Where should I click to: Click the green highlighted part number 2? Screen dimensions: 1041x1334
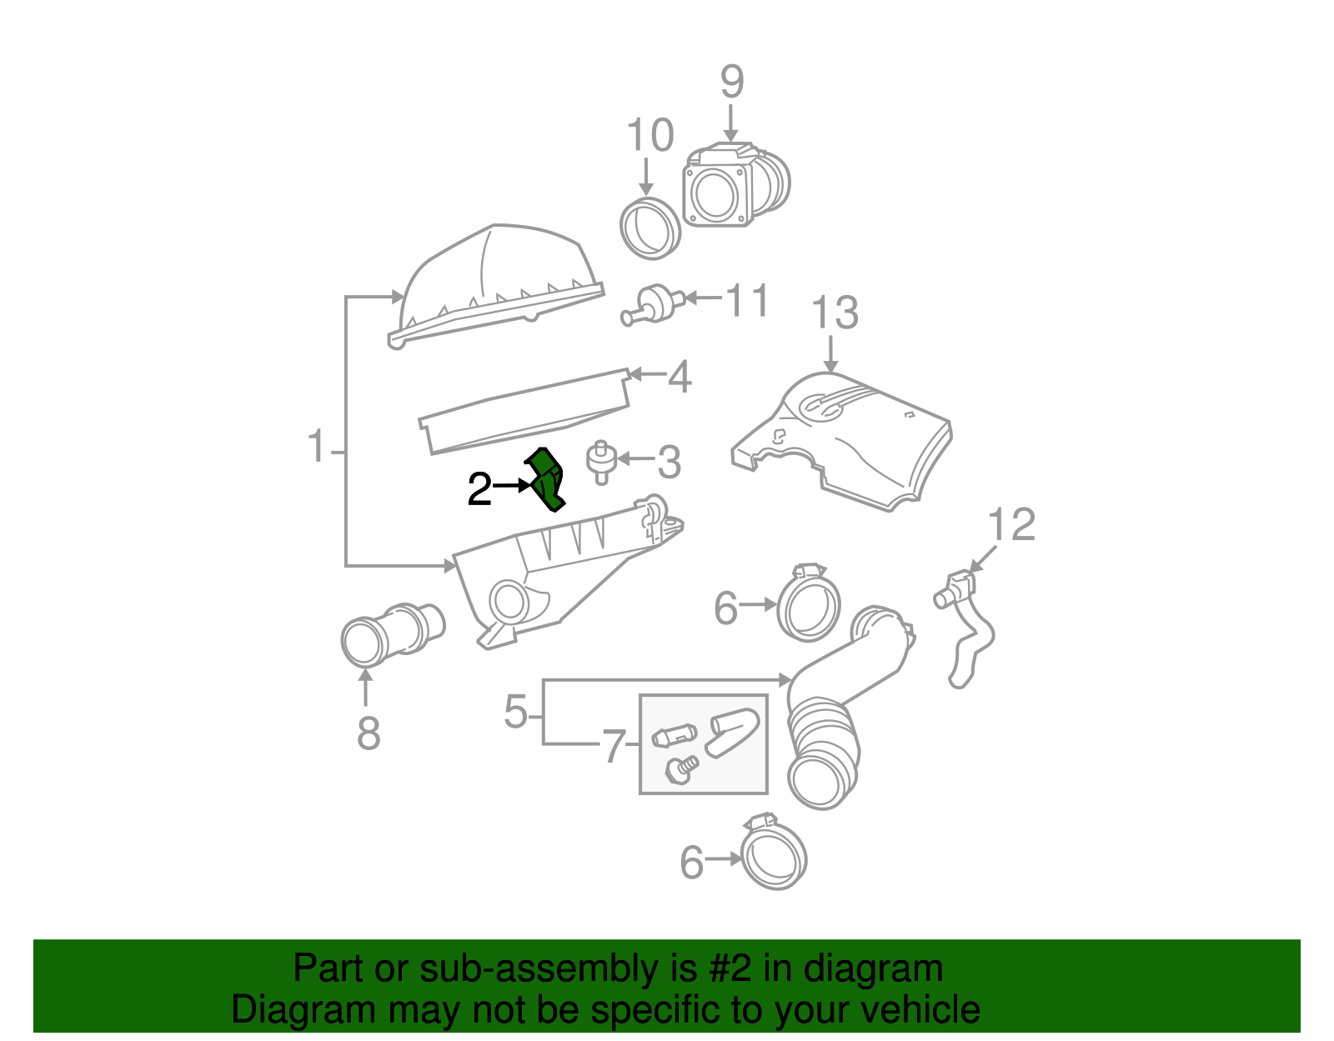546,479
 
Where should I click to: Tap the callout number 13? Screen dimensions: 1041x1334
834,314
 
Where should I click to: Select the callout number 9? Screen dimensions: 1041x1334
731,83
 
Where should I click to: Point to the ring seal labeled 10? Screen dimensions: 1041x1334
650,228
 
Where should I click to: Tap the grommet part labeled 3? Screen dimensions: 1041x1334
600,460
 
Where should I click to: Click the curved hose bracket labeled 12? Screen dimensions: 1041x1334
967,625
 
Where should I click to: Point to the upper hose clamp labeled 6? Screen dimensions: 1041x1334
808,605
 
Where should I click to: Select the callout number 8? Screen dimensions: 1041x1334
368,734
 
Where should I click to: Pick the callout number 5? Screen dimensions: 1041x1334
516,713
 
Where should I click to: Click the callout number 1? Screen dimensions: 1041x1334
317,448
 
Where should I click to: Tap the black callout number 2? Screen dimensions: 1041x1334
479,490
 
